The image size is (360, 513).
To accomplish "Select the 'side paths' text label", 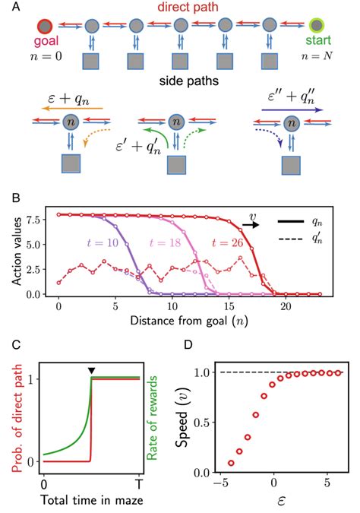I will click(179, 81).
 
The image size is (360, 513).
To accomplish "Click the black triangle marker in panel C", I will click(91, 370).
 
